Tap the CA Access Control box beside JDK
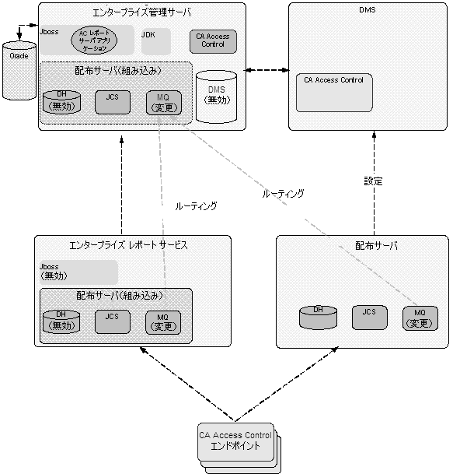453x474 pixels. (212, 40)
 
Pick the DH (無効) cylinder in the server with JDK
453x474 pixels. (61, 102)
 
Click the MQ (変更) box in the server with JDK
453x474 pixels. (163, 102)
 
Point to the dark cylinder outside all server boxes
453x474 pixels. (19, 71)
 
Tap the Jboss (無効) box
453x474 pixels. (78, 272)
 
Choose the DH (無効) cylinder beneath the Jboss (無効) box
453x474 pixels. (61, 321)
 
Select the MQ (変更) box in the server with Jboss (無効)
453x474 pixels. (163, 321)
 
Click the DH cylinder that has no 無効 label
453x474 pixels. (318, 317)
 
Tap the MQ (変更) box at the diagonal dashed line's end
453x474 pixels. (420, 318)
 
